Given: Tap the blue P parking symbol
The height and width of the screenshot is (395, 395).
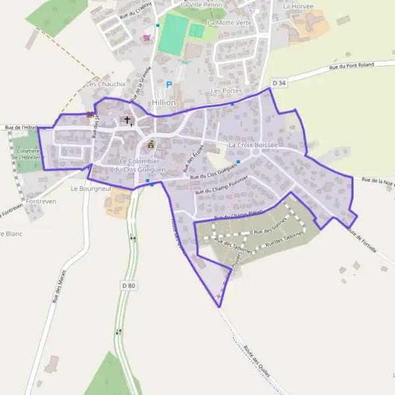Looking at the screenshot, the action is [x=169, y=84].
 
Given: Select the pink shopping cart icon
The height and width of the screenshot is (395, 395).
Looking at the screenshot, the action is [x=147, y=38].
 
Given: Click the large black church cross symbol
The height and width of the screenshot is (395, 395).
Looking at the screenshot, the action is [x=127, y=120].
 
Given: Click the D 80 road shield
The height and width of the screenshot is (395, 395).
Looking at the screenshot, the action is [x=128, y=285].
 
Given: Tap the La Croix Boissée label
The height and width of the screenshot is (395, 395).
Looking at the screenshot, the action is [x=253, y=144].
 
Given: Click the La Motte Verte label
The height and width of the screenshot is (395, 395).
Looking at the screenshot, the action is [x=229, y=22].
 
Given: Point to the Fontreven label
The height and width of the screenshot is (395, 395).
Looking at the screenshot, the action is [x=42, y=201].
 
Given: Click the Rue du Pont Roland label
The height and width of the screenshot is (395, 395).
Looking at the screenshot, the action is [x=352, y=65].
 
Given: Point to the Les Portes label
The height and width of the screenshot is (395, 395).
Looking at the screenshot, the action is [x=226, y=90].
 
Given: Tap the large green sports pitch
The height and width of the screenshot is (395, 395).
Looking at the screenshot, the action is [x=174, y=35].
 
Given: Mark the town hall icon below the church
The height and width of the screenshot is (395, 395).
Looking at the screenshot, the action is [x=151, y=144].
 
